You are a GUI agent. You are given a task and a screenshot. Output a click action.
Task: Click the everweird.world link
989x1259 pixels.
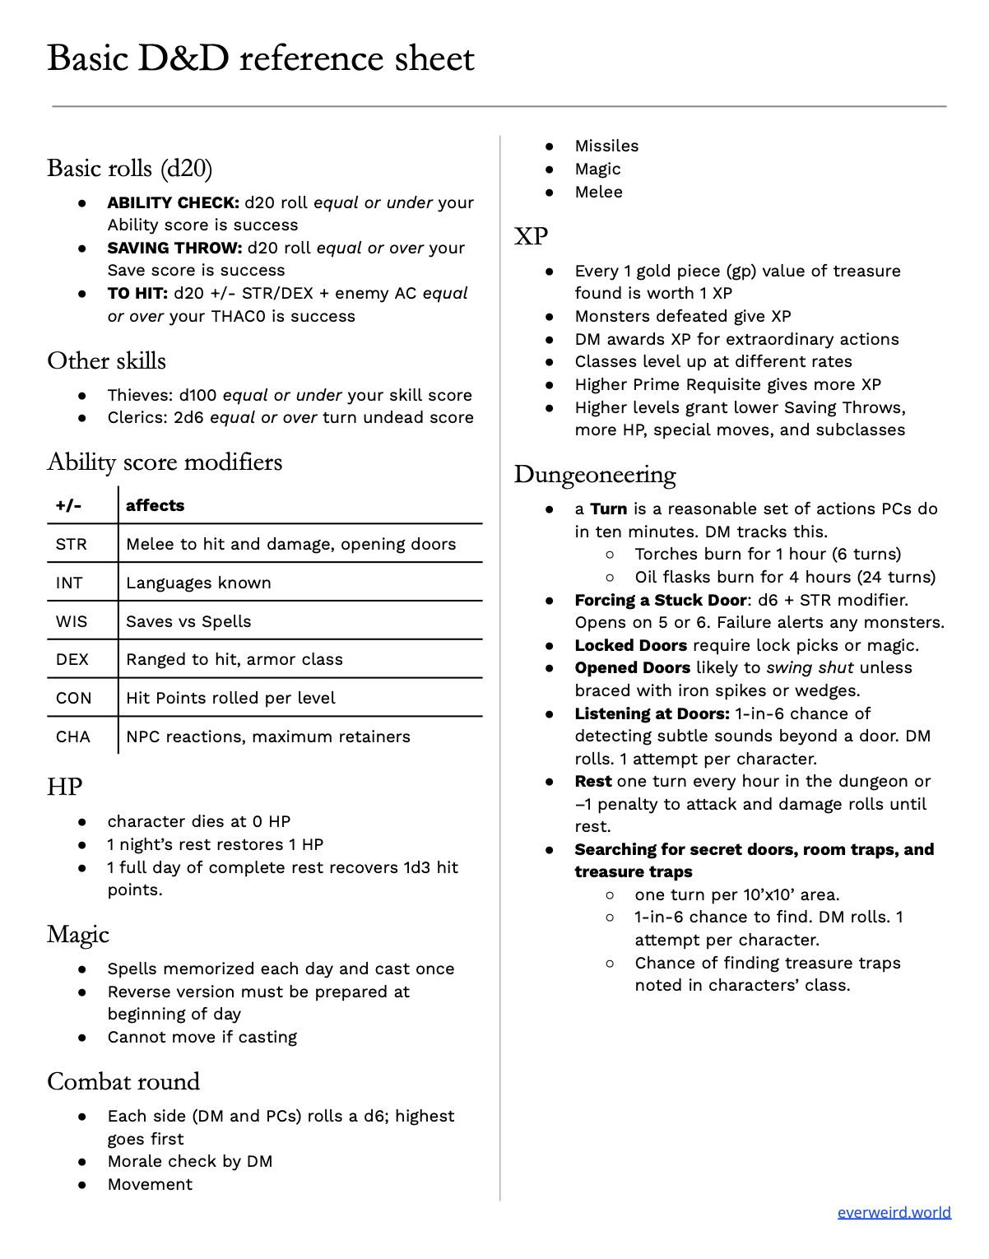(894, 1212)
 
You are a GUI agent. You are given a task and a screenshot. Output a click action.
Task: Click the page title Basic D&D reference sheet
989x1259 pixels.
(261, 58)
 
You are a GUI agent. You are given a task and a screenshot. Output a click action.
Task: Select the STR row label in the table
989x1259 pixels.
(72, 544)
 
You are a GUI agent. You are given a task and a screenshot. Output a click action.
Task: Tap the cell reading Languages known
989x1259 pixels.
(198, 583)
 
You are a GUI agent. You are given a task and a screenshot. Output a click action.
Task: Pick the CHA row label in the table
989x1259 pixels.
(73, 736)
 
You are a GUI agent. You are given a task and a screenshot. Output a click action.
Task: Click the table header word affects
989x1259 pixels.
(155, 505)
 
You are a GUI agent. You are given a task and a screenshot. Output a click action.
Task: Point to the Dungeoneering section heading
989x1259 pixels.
(595, 475)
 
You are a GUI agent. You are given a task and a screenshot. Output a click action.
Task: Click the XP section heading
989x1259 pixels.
(531, 236)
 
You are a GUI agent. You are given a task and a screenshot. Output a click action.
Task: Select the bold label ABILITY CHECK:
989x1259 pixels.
(173, 202)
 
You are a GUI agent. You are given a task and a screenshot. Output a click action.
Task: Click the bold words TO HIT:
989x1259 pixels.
(137, 293)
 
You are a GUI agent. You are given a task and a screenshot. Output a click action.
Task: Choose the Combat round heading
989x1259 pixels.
(123, 1081)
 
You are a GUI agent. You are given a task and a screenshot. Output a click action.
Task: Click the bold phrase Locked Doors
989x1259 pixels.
(630, 645)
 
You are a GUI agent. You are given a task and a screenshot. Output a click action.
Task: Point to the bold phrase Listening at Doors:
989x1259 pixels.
(652, 713)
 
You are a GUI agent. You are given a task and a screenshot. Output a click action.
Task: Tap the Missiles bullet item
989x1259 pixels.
(606, 146)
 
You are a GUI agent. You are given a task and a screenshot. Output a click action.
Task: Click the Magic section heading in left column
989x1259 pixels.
(78, 935)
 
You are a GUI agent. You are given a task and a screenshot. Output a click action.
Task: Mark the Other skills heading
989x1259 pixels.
(106, 360)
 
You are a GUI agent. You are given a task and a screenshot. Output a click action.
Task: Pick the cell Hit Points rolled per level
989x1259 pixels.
(230, 698)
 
